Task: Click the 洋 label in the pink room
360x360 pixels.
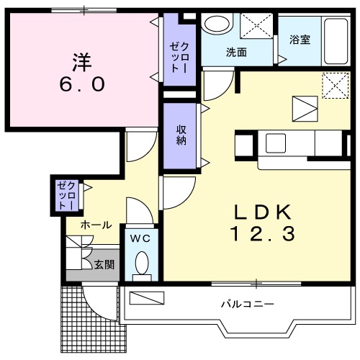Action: (82, 62)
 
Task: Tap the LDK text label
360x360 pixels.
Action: (263, 212)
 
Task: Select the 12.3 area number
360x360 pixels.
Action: (263, 234)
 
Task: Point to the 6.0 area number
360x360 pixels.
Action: (82, 84)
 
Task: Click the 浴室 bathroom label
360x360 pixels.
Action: (300, 40)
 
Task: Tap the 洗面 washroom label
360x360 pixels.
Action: (236, 52)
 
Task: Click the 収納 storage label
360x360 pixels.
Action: (181, 135)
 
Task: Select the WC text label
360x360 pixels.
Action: (140, 238)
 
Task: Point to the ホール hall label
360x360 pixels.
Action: (96, 225)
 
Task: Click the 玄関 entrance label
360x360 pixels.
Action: (104, 264)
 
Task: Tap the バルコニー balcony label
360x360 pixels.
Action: (248, 305)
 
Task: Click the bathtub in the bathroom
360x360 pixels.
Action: (336, 41)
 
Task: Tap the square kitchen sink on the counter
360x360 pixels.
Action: (276, 143)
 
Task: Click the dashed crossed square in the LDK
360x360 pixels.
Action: (335, 86)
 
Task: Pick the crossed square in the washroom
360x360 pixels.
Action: (256, 26)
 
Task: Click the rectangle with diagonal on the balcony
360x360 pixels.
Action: (147, 298)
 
